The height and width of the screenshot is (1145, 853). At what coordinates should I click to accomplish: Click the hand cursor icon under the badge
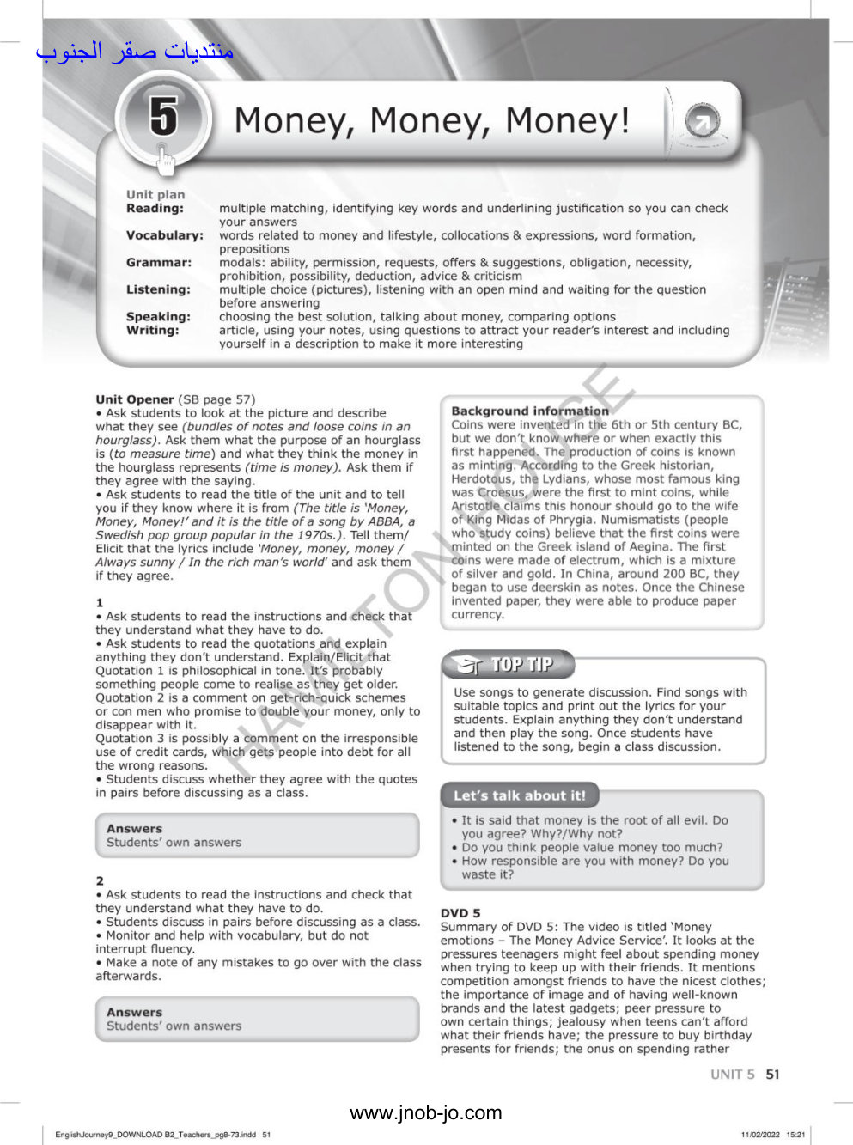tap(165, 159)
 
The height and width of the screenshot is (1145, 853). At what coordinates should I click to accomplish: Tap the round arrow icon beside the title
tap(702, 123)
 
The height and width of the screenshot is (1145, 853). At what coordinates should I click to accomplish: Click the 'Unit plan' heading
tap(155, 194)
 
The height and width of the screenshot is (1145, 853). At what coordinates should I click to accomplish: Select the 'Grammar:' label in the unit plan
tap(159, 262)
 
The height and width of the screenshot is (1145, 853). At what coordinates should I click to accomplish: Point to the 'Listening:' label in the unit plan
tap(158, 289)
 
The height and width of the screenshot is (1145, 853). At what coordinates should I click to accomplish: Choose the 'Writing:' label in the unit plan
tap(153, 330)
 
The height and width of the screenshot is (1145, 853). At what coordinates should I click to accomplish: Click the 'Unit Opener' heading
tap(135, 399)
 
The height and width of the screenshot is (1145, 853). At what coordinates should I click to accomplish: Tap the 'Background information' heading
tap(530, 411)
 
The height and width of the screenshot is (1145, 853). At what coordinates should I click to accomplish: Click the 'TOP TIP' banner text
tap(521, 664)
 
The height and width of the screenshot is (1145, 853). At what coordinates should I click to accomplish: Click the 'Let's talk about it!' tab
tap(519, 795)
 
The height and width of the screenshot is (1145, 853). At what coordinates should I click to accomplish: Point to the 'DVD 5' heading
tap(460, 913)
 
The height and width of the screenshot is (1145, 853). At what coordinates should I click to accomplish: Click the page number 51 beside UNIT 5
tap(772, 1074)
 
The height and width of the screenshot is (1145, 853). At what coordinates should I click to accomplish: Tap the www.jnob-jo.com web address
tap(425, 1113)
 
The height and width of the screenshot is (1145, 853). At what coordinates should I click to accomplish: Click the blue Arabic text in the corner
tap(135, 52)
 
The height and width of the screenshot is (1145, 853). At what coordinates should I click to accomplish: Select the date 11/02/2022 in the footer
tap(759, 1135)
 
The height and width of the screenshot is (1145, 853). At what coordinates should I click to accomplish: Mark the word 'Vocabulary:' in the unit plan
tap(165, 234)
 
